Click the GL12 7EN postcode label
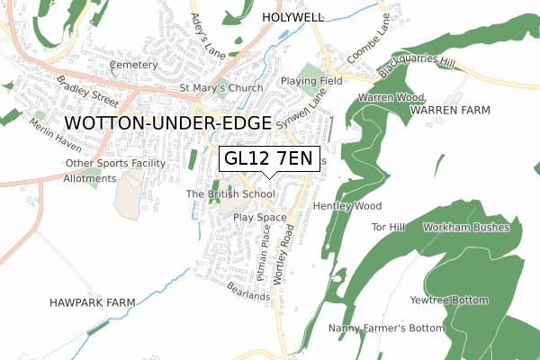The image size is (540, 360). (x=268, y=159)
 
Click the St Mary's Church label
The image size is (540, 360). (x=221, y=88)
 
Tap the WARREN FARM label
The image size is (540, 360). (x=450, y=110)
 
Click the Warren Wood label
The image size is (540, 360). (x=391, y=96)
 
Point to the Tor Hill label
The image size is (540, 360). (x=390, y=227)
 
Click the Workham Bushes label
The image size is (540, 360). (x=465, y=227)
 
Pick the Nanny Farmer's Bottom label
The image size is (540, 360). (x=386, y=328)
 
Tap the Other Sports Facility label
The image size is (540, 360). (x=115, y=163)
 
